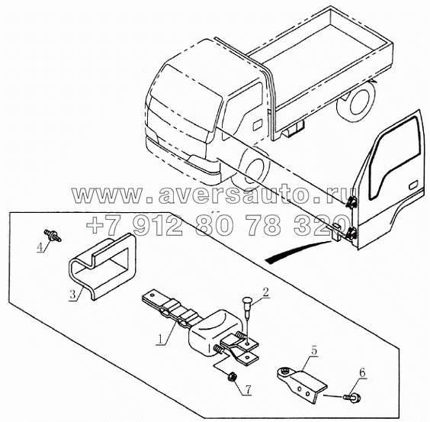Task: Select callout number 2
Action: pos(265,292)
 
